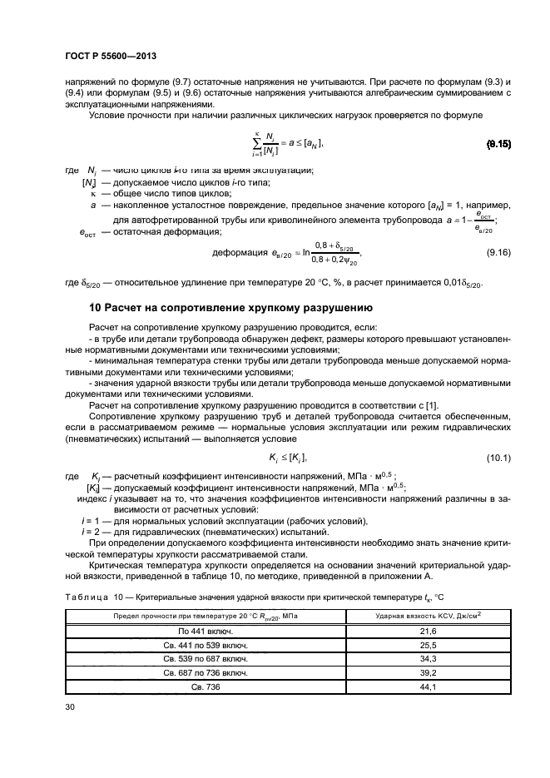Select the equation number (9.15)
pos(498,145)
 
